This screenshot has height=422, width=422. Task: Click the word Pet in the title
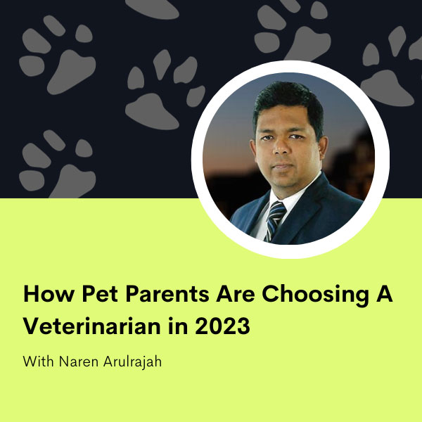click(100, 293)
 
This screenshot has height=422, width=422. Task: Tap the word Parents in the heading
click(167, 293)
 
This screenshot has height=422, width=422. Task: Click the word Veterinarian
click(91, 326)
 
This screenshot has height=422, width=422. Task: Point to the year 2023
click(222, 326)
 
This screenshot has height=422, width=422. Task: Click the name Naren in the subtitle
click(79, 362)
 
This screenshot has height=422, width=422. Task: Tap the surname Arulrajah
click(132, 362)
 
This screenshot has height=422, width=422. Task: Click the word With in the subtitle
click(38, 362)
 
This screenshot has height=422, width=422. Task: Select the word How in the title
click(49, 293)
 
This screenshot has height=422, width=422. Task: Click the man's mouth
click(282, 166)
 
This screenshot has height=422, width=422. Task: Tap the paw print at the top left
click(57, 55)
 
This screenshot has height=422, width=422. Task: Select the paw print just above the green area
click(57, 164)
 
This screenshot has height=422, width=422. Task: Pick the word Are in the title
click(235, 293)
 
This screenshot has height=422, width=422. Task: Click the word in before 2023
click(178, 326)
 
